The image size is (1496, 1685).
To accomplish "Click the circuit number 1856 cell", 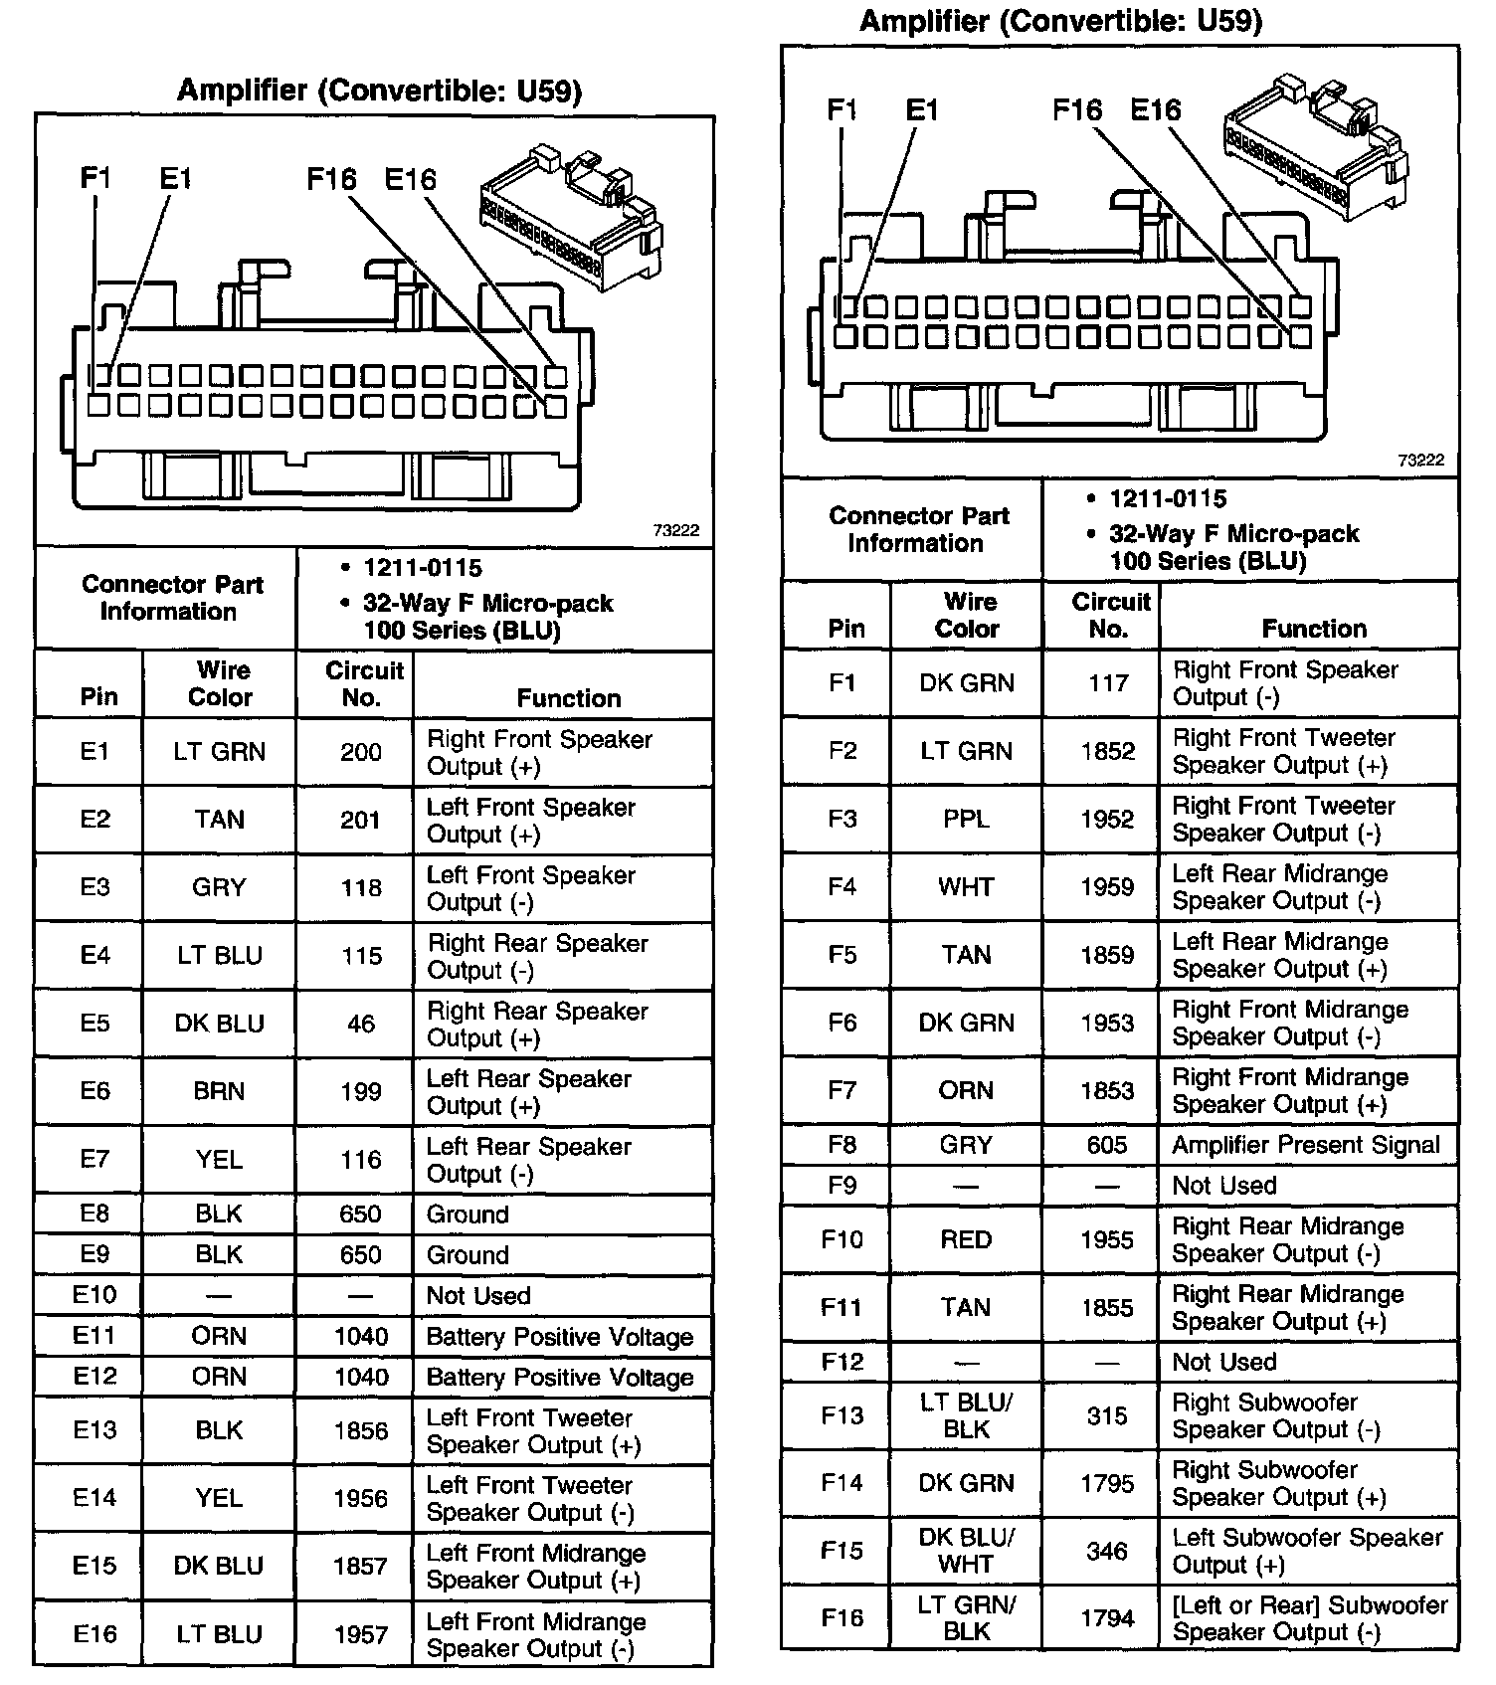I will coord(360,1430).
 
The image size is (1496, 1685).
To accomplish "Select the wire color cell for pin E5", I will coord(219,1024).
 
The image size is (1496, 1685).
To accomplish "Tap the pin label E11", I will coord(93,1336).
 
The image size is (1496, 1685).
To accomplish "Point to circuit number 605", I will coord(1107,1145).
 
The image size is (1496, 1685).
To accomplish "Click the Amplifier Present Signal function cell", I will coord(1305,1145).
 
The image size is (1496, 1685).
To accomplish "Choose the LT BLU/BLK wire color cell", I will coord(966,1415).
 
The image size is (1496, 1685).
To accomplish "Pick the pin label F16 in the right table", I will coord(841,1618).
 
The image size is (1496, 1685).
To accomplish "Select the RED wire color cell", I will coord(966,1239).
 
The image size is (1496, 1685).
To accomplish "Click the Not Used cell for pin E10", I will coord(478,1295).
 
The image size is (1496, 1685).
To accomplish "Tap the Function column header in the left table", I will coord(568,698).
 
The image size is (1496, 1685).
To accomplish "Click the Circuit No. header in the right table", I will coord(1109,615).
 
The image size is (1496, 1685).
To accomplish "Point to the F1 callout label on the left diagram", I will coord(95,179).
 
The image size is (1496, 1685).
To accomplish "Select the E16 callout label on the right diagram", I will coord(1156,109).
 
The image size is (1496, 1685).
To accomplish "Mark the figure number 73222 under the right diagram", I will coord(1420,461).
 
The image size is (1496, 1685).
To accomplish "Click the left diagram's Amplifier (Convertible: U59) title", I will coord(379,92).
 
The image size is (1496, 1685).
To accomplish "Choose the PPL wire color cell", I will coord(966,819).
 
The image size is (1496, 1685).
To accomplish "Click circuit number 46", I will coord(360,1024).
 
